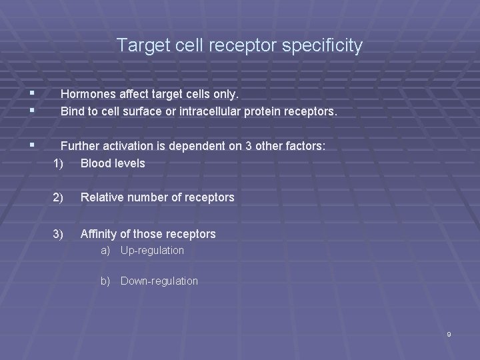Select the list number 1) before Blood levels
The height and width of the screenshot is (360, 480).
tap(59, 163)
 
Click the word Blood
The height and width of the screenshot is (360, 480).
tap(95, 163)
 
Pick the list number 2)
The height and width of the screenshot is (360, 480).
tap(59, 197)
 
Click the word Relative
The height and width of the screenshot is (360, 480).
tap(102, 197)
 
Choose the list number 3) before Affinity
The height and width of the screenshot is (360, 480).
tap(59, 234)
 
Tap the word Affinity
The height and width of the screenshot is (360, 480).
tap(99, 234)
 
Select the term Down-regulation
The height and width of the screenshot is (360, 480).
tap(159, 281)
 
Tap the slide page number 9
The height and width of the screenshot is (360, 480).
tap(449, 334)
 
